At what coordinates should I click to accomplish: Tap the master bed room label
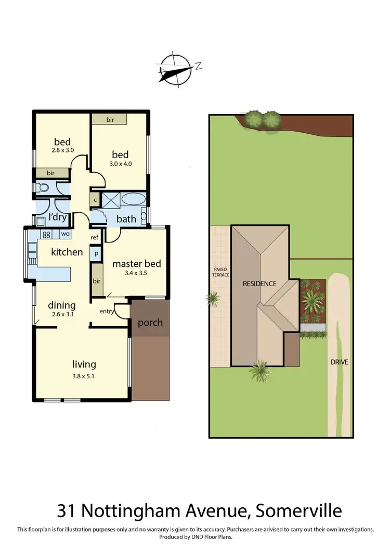pos(137,264)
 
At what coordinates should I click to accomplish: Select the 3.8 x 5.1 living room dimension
pos(84,376)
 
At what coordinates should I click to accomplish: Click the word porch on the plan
pos(150,323)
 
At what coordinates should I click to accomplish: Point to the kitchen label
pos(67,252)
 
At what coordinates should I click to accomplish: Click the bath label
pos(126,219)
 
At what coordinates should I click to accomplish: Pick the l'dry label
pos(58,217)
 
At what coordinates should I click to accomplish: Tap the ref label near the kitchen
pos(95,238)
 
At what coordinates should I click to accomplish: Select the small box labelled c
pos(96,200)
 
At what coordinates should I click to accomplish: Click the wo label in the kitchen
pos(66,234)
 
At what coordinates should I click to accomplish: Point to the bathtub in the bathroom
pos(134,200)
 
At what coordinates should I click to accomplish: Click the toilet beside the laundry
pos(43,187)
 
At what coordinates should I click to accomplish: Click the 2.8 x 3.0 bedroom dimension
pos(62,151)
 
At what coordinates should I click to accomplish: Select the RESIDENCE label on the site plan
pos(260,284)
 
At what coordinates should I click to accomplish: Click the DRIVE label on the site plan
pos(338,362)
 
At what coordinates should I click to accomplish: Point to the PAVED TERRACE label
pos(220,272)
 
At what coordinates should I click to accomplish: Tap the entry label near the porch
pos(107,312)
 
